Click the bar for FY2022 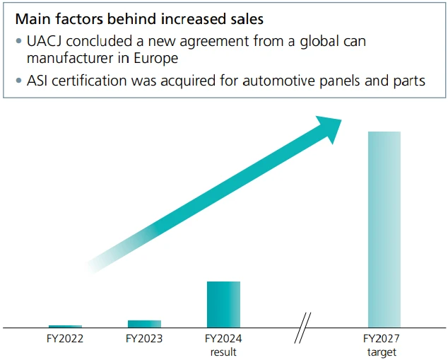click(65, 325)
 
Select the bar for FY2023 click(144, 323)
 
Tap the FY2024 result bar click(223, 304)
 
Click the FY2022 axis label click(65, 339)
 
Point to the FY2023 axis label click(144, 339)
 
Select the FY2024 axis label click(223, 339)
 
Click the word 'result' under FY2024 click(223, 352)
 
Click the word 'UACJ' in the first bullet click(40, 40)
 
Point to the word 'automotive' click(275, 80)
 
